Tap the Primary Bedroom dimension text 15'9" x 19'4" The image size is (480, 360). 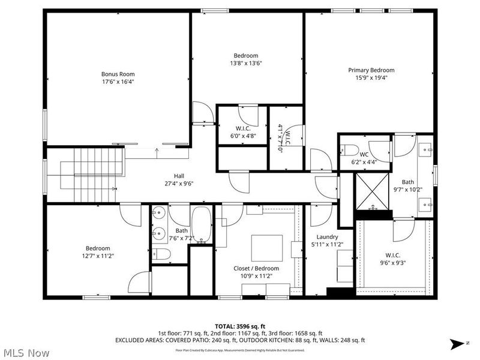(x=371, y=77)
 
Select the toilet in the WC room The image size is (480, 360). (x=350, y=149)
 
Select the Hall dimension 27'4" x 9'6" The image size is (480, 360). (x=179, y=184)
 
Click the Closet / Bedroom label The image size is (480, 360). (x=256, y=268)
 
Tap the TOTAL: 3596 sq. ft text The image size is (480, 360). (x=239, y=326)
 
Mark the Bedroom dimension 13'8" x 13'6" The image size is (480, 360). (x=246, y=62)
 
